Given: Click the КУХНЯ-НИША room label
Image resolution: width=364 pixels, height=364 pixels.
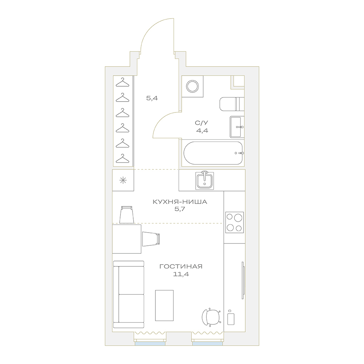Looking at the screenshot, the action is (x=180, y=202).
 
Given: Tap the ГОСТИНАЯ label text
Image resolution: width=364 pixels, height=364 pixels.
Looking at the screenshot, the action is (x=181, y=266).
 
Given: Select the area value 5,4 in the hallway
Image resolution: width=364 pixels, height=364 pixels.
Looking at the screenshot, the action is (x=152, y=98).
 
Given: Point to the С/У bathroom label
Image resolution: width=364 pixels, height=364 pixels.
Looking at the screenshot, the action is (x=202, y=123).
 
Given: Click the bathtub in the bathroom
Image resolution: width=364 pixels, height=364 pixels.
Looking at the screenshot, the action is (x=213, y=153).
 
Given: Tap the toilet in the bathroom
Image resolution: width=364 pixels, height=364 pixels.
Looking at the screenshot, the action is (x=232, y=104).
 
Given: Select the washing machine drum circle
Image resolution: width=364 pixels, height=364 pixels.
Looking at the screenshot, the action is (x=193, y=86).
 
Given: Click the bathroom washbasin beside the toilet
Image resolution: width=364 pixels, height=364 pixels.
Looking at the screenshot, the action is (x=237, y=127).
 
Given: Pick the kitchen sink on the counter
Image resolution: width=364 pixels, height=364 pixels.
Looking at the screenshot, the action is (x=205, y=181).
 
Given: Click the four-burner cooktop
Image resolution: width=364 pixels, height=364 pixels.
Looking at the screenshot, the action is (x=234, y=222).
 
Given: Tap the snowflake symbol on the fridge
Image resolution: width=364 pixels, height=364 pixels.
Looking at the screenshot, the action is (x=123, y=181).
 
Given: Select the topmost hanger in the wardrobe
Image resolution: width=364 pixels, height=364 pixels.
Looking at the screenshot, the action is (x=122, y=82).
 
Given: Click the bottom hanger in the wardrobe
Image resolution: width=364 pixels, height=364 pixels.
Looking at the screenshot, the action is (x=122, y=159).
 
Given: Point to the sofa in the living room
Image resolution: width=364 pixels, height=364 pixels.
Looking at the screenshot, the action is (x=128, y=294).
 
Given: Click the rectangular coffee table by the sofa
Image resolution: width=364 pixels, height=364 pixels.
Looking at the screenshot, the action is (x=165, y=305).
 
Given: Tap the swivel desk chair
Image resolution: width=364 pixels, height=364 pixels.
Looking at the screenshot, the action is (x=211, y=317).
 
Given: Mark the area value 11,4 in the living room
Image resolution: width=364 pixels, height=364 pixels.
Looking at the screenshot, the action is (x=181, y=274).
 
